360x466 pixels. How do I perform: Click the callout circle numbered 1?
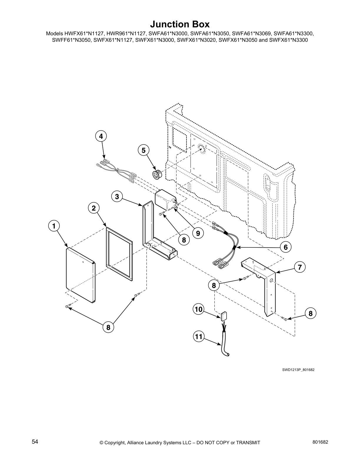point(54,226)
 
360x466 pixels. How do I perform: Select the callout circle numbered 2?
point(94,208)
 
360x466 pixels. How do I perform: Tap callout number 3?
point(117,197)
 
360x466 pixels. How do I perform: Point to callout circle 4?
point(101,136)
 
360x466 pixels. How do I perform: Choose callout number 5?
point(143,150)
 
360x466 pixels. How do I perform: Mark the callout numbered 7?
point(299,267)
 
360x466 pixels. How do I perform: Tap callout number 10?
point(199,309)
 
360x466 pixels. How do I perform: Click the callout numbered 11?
point(199,336)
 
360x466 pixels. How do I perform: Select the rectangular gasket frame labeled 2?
point(119,253)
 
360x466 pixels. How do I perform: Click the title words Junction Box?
point(180,24)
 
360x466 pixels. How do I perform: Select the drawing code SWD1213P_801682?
point(298,370)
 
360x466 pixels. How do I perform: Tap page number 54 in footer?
point(35,442)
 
